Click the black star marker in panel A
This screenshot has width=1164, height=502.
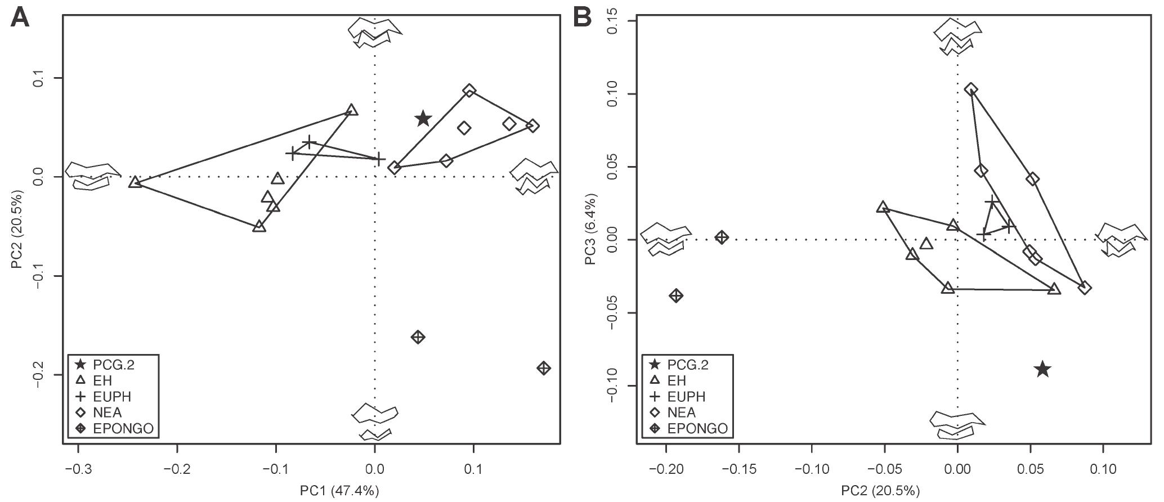pos(423,119)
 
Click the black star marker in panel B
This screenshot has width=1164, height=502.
pos(1042,369)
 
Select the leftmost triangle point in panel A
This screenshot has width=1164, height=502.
pos(135,182)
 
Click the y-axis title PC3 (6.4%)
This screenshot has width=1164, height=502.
pos(590,237)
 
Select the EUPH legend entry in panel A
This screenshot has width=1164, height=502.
pos(112,397)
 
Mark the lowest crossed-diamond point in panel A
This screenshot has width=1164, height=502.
pos(543,368)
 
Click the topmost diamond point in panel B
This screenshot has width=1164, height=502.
pos(971,89)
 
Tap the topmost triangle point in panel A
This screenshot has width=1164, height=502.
pos(352,110)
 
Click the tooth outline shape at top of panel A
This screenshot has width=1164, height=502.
pos(374,32)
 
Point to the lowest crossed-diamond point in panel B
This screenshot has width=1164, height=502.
pos(676,295)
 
